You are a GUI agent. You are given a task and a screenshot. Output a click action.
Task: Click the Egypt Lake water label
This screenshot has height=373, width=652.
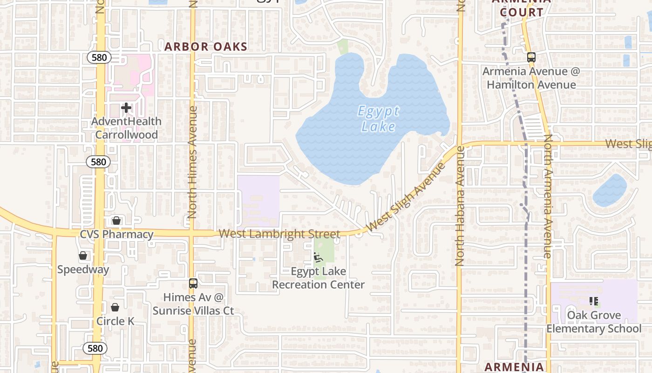(378, 119)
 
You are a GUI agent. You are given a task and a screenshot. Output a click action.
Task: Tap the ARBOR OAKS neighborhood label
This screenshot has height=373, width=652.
(206, 47)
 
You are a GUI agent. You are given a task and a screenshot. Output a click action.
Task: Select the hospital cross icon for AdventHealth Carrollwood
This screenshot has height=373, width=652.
(126, 108)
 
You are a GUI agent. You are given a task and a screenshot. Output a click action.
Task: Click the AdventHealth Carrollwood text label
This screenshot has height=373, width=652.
(126, 128)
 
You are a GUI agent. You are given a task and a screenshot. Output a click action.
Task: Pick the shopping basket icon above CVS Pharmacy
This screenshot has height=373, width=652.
(116, 221)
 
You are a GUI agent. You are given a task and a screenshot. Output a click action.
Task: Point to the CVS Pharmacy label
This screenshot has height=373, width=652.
(116, 234)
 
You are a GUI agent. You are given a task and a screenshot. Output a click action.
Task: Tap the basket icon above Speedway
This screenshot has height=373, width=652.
(83, 256)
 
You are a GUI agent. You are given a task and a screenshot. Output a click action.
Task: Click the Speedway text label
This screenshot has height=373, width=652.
(83, 269)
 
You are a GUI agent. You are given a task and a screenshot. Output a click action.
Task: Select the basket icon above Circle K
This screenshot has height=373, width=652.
(115, 307)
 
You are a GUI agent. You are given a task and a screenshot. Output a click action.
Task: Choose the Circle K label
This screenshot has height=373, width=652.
(115, 321)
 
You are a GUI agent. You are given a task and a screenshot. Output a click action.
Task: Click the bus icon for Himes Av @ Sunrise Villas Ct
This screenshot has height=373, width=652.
(193, 283)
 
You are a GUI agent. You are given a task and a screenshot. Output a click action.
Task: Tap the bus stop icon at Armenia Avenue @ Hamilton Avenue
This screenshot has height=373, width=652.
(531, 57)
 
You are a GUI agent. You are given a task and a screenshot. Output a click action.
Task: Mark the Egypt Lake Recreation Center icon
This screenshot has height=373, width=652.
(318, 257)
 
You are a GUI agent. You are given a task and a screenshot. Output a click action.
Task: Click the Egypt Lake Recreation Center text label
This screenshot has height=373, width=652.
(318, 278)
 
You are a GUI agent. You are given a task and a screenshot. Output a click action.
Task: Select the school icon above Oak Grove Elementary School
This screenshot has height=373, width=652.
(593, 301)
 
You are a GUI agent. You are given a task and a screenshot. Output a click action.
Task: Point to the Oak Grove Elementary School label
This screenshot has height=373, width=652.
(593, 322)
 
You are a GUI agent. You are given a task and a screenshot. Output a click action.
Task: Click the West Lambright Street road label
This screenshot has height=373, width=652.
(279, 234)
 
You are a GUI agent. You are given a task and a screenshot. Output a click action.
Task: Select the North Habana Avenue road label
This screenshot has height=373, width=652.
(460, 206)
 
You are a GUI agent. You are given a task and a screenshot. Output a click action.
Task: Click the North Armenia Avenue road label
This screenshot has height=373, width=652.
(548, 196)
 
